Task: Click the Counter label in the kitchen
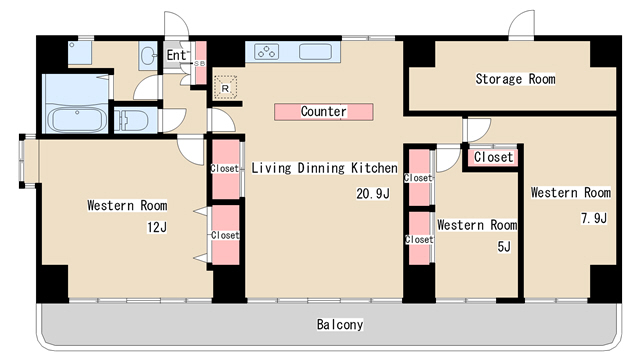coord(324,111)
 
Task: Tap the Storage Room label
coord(515,78)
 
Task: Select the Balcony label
coord(340,324)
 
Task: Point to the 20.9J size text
coord(373,193)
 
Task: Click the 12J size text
coord(157,227)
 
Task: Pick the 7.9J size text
coord(594,218)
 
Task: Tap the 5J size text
coord(504,247)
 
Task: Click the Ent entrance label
coord(176,55)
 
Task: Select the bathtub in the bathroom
coord(76,120)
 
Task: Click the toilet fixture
coord(131,121)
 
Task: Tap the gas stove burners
coord(267,52)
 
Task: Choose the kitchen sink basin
coord(315,52)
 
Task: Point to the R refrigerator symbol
coord(225,87)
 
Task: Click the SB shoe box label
coord(200,64)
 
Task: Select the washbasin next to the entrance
coord(147,55)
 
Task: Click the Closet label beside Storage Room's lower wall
coord(493,157)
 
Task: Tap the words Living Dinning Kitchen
coord(324,168)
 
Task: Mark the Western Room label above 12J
coord(127,205)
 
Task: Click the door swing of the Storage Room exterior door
coord(521,24)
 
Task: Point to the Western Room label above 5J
coord(477,225)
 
